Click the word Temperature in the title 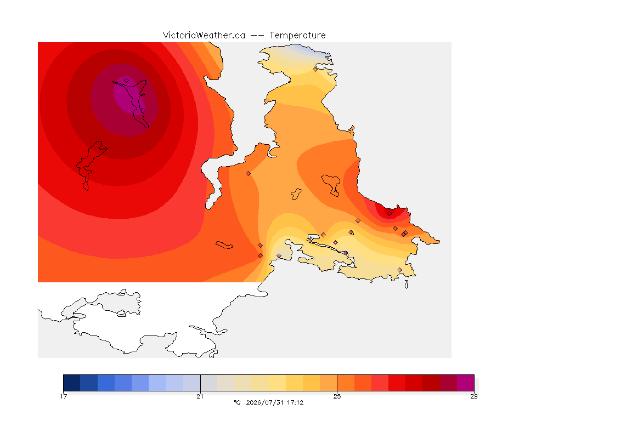pyautogui.click(x=297, y=36)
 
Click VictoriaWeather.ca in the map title pyautogui.click(x=204, y=36)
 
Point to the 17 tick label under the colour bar pyautogui.click(x=63, y=396)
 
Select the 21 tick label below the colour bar pyautogui.click(x=200, y=396)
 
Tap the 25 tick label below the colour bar pyautogui.click(x=337, y=396)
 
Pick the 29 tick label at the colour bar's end pyautogui.click(x=474, y=396)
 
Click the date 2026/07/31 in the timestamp pyautogui.click(x=264, y=402)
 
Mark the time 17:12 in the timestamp pyautogui.click(x=295, y=402)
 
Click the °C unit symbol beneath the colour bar pyautogui.click(x=238, y=402)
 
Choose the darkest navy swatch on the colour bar pyautogui.click(x=72, y=383)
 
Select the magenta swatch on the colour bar pyautogui.click(x=466, y=383)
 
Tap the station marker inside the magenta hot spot pyautogui.click(x=127, y=81)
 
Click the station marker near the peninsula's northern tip pyautogui.click(x=315, y=69)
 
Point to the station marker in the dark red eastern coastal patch pyautogui.click(x=389, y=214)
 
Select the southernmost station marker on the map pyautogui.click(x=399, y=270)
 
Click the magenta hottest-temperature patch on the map pyautogui.click(x=128, y=96)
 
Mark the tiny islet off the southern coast pyautogui.click(x=407, y=285)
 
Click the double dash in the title pyautogui.click(x=257, y=36)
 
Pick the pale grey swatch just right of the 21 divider pyautogui.click(x=209, y=383)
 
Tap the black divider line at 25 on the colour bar pyautogui.click(x=337, y=383)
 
